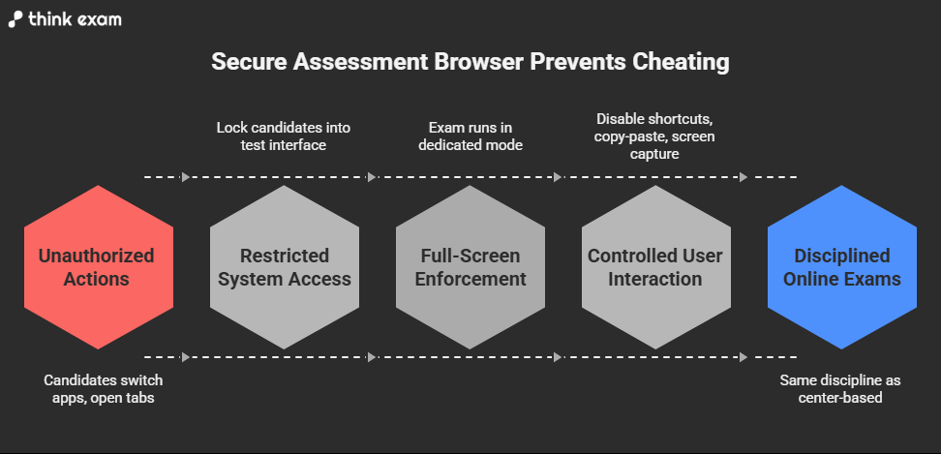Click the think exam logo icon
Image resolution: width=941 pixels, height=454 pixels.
(16, 19)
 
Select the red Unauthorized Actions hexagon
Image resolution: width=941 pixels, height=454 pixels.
(97, 267)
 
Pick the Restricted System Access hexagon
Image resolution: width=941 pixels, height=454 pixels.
(284, 267)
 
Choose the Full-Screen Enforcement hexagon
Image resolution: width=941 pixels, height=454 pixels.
(470, 267)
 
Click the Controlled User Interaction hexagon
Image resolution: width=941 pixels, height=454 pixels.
(656, 267)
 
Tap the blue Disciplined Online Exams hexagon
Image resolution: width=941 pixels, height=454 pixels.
(842, 267)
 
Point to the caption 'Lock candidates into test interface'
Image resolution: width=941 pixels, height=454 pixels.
(284, 136)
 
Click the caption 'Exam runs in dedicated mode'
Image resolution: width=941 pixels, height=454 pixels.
(470, 136)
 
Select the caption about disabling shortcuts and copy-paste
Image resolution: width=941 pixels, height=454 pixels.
(655, 136)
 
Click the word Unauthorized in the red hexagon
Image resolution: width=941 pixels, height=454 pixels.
(97, 256)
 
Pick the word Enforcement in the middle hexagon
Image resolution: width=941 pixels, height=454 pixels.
(470, 279)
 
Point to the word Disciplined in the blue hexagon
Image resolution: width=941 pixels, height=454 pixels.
(842, 256)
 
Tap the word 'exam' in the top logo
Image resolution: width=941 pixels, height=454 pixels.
(100, 19)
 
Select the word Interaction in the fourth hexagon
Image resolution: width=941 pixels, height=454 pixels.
(656, 279)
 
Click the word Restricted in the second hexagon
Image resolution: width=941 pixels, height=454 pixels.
(285, 256)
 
